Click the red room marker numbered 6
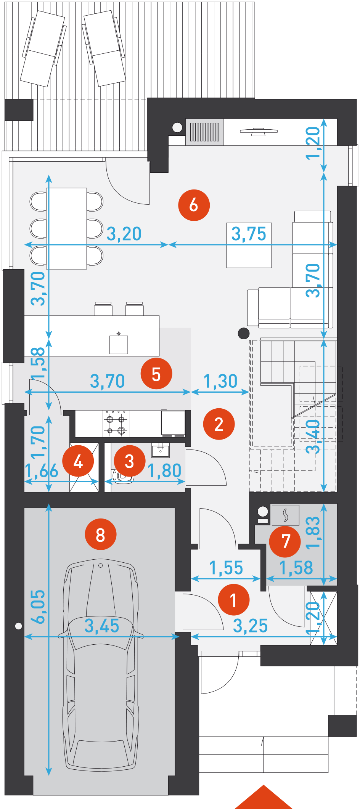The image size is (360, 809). click(194, 205)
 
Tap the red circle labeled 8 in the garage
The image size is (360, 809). click(101, 534)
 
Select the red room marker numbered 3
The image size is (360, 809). click(130, 461)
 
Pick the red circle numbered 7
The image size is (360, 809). click(285, 541)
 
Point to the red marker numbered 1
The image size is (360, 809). click(234, 600)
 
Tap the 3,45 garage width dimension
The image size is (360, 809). click(102, 626)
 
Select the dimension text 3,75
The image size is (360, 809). click(249, 234)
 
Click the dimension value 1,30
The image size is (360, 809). click(220, 381)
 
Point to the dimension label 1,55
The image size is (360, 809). click(226, 568)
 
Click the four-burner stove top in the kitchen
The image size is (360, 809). click(116, 424)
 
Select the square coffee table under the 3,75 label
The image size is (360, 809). click(249, 245)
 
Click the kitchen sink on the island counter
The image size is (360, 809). click(119, 344)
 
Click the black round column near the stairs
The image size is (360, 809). click(244, 333)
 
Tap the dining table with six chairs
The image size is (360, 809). click(66, 228)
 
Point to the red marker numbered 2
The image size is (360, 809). click(219, 424)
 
